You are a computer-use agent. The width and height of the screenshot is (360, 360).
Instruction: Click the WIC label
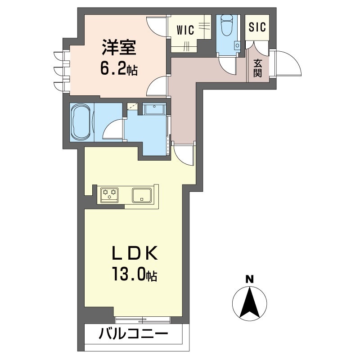pos(185,30)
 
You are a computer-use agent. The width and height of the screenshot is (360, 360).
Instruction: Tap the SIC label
pos(257,27)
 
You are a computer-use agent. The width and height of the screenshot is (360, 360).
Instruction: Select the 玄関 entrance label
pos(258,68)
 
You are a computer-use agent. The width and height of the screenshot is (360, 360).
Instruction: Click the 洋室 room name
pos(119,48)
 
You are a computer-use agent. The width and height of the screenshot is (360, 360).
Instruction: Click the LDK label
pos(135,253)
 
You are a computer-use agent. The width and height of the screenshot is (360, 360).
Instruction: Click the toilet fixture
pos(226,25)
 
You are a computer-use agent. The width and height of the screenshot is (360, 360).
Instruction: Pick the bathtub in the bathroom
pos(81,122)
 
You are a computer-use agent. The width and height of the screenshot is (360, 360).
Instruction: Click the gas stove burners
pos(109,194)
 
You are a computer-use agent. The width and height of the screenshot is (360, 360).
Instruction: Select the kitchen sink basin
pos(142,195)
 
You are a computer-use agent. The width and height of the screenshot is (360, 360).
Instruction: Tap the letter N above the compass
pos(250,279)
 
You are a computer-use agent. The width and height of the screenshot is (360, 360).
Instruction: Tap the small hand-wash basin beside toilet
pos(237,45)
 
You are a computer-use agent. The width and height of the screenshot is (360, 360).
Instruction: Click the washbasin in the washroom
pos(154,109)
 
